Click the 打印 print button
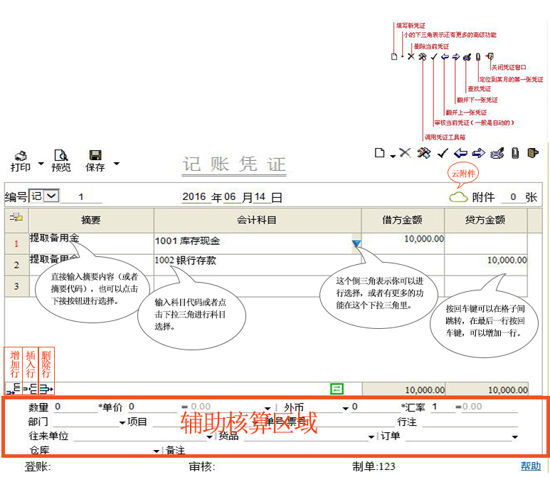(x=21, y=160)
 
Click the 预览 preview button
(x=61, y=160)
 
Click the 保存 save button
(x=95, y=160)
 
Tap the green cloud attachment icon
(x=458, y=197)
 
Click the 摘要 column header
(x=90, y=220)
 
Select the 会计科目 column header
(x=257, y=220)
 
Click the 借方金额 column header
(x=402, y=220)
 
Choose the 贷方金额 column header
(x=485, y=220)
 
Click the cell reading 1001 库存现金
(x=188, y=241)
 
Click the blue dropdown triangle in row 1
(x=356, y=243)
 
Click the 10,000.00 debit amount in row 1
(x=423, y=239)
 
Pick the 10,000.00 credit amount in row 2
(x=507, y=261)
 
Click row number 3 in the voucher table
(x=16, y=285)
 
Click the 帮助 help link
(x=530, y=466)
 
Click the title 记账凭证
(x=234, y=164)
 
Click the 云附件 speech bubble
(x=463, y=173)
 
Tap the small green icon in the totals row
(x=337, y=388)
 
